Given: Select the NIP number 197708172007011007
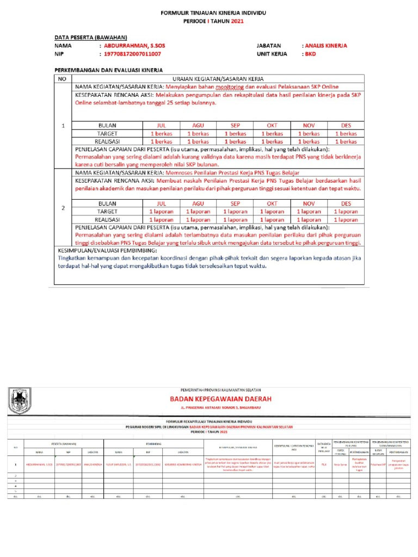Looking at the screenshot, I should point(133,55).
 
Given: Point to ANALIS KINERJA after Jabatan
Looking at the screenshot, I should point(326,46).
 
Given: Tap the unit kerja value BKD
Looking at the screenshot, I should point(310,55).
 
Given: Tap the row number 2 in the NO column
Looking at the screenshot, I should point(63,208).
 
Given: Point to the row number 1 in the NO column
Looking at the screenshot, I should point(63,126).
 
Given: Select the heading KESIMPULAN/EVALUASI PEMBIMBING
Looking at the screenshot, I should point(107,250).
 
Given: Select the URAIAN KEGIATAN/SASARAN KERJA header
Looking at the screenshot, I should point(217,78).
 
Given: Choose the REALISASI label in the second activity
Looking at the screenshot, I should point(107,220).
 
